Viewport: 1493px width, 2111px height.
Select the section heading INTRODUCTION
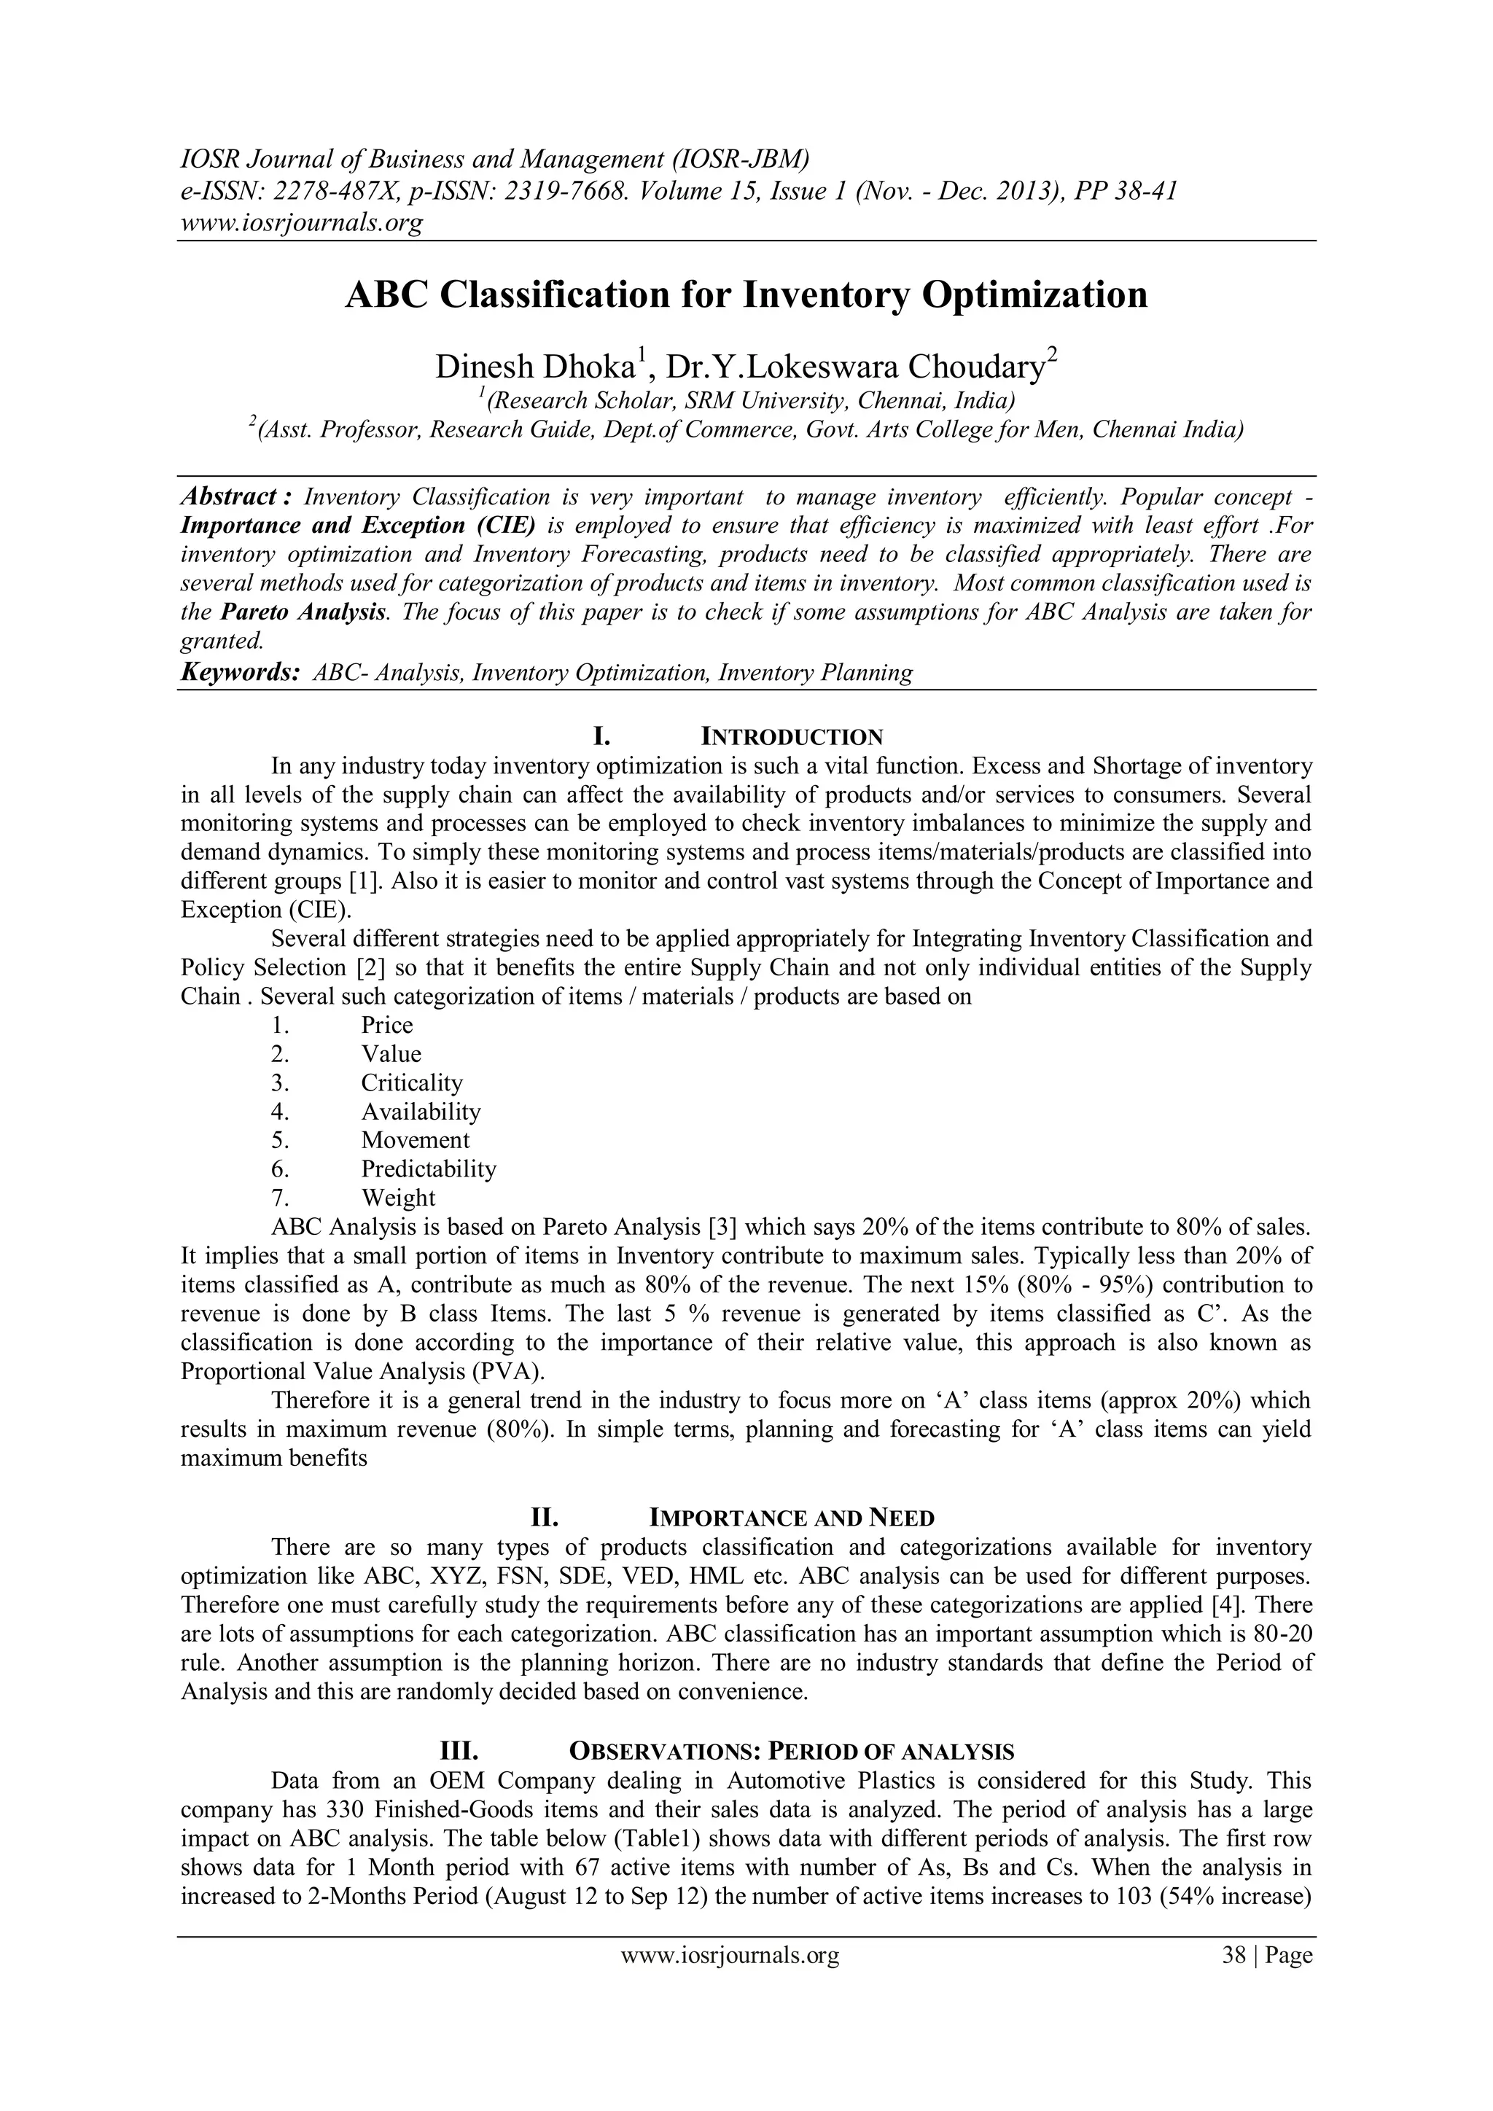click(x=792, y=738)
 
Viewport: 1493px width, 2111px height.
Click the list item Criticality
click(x=412, y=1083)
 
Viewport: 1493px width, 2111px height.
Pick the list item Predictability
click(x=429, y=1169)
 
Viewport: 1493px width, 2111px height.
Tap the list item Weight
click(x=398, y=1198)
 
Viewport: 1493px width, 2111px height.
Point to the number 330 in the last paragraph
click(x=344, y=1809)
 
